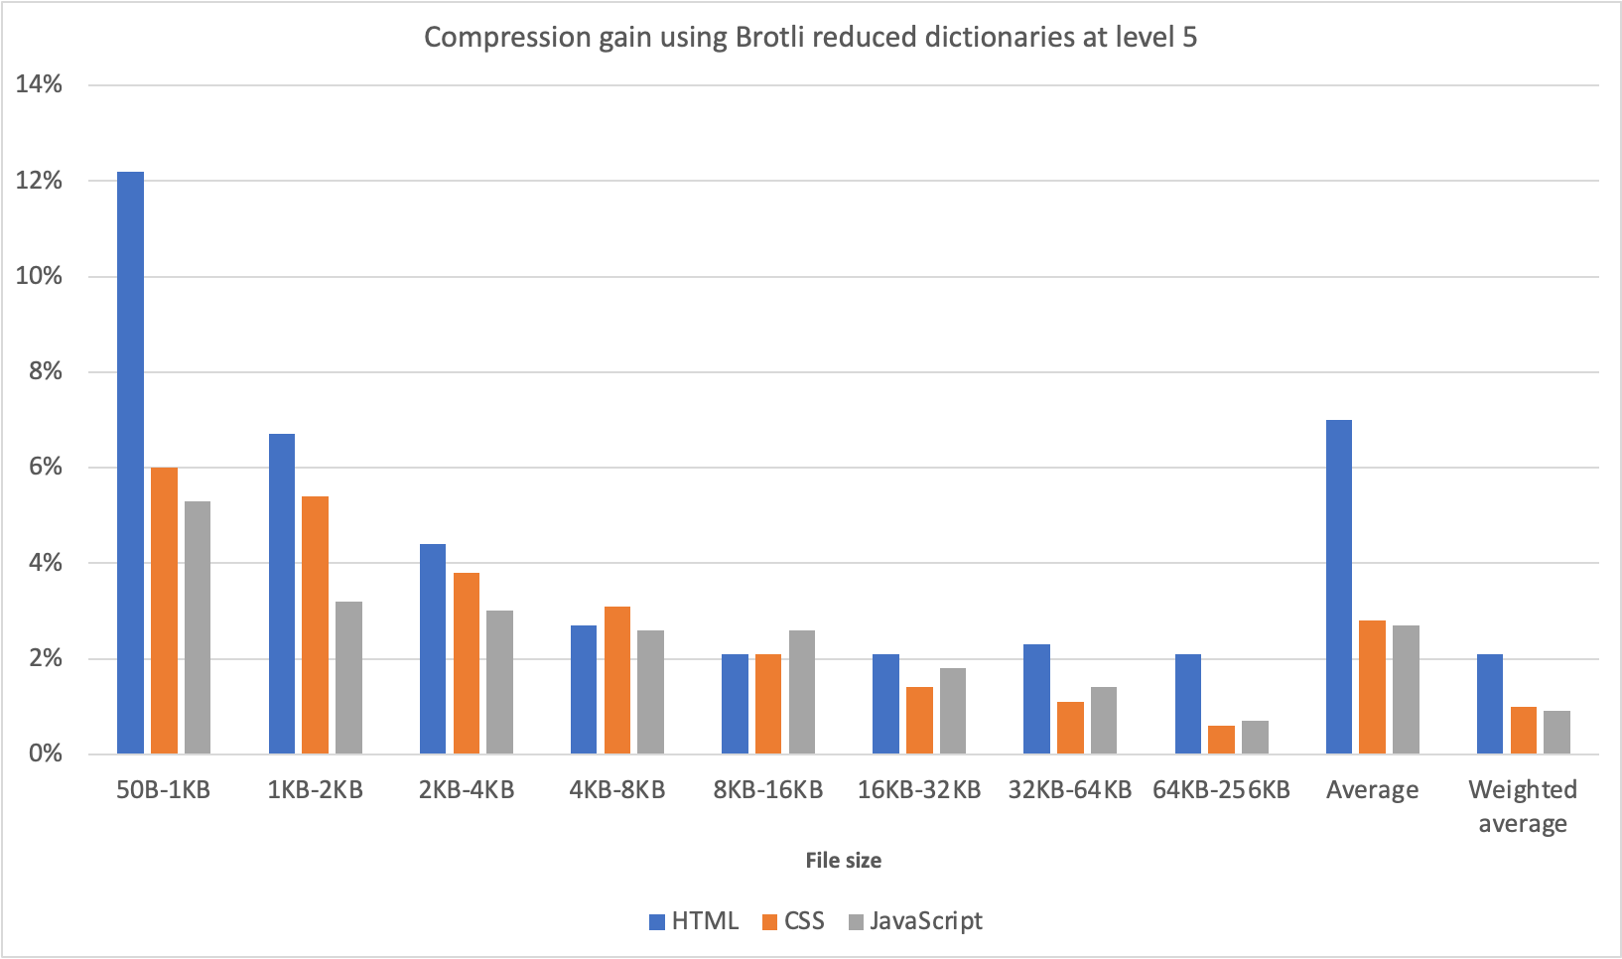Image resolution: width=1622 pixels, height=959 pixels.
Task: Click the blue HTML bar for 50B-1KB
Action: click(130, 463)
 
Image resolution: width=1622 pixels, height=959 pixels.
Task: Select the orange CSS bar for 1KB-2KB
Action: click(315, 625)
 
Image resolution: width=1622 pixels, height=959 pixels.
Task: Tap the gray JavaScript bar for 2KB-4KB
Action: click(499, 683)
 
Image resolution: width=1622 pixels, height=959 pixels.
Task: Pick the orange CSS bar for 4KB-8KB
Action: click(616, 680)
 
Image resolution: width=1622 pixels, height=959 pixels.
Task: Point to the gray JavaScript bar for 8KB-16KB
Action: click(801, 692)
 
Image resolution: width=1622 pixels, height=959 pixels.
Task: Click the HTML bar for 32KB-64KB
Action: click(1036, 699)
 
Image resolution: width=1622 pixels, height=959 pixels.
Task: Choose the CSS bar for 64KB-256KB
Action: click(1221, 740)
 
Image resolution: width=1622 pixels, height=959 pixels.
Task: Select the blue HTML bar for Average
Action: click(1338, 587)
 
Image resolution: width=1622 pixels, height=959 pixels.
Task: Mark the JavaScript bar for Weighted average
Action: click(1556, 733)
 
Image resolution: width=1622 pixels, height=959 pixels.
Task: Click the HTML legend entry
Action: click(694, 921)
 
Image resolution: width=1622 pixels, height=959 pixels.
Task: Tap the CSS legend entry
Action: click(793, 921)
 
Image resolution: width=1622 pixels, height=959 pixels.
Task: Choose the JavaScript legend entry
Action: click(915, 921)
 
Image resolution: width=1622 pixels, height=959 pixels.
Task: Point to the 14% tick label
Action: click(39, 84)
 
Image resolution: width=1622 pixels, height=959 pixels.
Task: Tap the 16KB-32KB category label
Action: click(919, 790)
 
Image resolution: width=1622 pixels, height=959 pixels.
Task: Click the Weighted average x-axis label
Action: click(1523, 806)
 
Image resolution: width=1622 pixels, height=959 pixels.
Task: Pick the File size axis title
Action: click(843, 861)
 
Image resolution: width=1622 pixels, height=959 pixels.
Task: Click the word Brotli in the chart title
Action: click(772, 38)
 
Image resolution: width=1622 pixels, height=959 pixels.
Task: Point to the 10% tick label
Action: click(39, 276)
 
